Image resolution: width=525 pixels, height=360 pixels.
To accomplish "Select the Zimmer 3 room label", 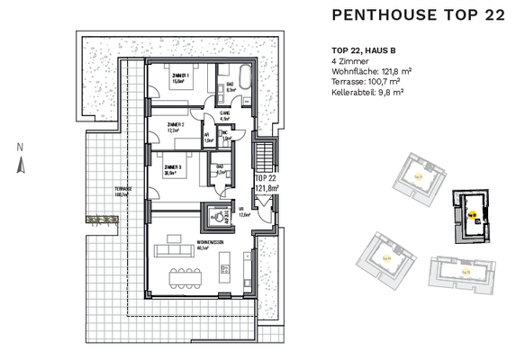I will [173, 168].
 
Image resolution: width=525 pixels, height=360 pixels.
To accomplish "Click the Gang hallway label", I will [225, 114].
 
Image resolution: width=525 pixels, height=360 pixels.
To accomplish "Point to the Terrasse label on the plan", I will [122, 190].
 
